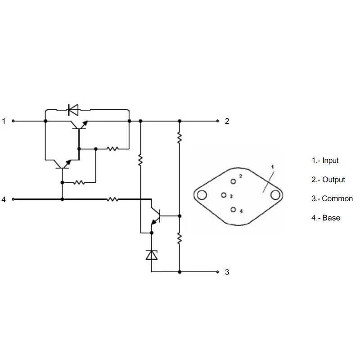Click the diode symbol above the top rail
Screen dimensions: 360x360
pyautogui.click(x=73, y=110)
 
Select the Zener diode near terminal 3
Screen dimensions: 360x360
pyautogui.click(x=152, y=255)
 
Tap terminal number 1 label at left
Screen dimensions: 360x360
pyautogui.click(x=4, y=121)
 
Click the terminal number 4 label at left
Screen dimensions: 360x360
pyautogui.click(x=4, y=199)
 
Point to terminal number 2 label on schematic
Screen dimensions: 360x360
pyautogui.click(x=227, y=121)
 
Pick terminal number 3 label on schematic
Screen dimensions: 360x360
pyautogui.click(x=227, y=272)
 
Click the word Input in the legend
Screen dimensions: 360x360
pyautogui.click(x=330, y=160)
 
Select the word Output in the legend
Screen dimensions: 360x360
pyautogui.click(x=333, y=180)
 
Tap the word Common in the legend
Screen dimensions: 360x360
pyautogui.click(x=337, y=198)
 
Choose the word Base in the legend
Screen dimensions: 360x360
pyautogui.click(x=331, y=218)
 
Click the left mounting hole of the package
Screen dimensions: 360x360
pyautogui.click(x=202, y=195)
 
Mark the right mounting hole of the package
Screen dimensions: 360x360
pyautogui.click(x=275, y=195)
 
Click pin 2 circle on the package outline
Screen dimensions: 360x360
pyautogui.click(x=233, y=181)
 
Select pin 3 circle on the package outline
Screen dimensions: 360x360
pyautogui.click(x=224, y=195)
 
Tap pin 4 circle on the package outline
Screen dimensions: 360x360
pyautogui.click(x=233, y=210)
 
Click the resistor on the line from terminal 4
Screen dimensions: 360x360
pyautogui.click(x=112, y=199)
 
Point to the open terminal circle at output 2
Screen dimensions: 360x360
pyautogui.click(x=218, y=121)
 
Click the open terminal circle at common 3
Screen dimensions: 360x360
pyautogui.click(x=218, y=272)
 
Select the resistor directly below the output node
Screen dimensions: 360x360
pyautogui.click(x=180, y=138)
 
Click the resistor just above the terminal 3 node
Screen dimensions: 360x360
pyautogui.click(x=180, y=238)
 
